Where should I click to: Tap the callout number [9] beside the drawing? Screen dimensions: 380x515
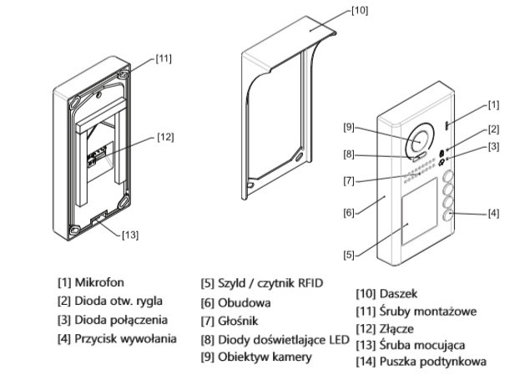(350, 127)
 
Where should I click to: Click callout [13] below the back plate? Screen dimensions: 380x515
(129, 235)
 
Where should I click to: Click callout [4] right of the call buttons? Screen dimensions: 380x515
(492, 213)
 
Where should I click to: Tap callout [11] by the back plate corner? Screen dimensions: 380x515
(164, 58)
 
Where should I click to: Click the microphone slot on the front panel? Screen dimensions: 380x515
(447, 125)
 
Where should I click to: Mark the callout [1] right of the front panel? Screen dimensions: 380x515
(493, 104)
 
